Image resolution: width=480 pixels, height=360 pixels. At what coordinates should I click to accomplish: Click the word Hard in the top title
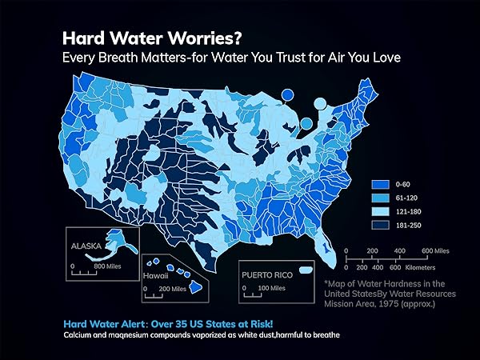click(85, 38)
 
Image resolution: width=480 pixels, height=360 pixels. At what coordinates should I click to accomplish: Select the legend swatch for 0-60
click(379, 185)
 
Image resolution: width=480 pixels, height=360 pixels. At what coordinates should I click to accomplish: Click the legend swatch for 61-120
click(379, 198)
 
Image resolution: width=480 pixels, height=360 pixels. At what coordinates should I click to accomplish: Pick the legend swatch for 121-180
click(379, 211)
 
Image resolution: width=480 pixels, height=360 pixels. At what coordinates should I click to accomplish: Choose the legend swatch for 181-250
click(379, 225)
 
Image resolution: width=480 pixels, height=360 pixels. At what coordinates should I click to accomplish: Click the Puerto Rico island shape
click(304, 271)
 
